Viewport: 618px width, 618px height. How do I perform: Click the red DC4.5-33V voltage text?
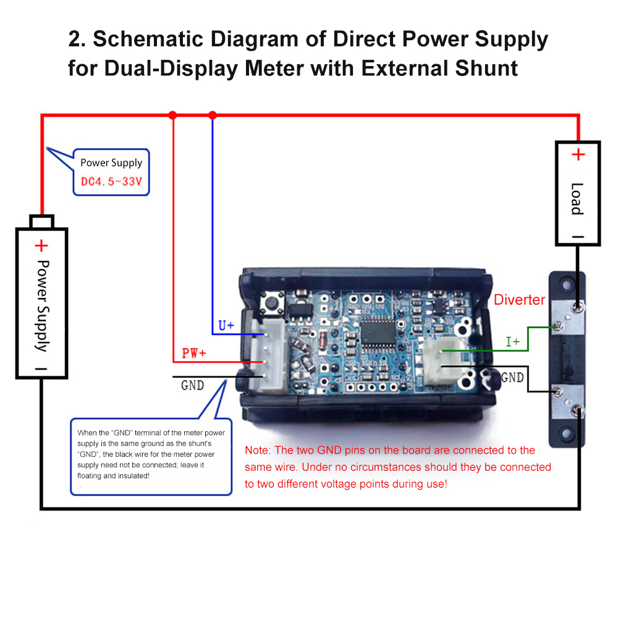click(111, 182)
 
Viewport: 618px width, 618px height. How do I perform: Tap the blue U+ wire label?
click(226, 325)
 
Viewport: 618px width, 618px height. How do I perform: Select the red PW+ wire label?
click(193, 353)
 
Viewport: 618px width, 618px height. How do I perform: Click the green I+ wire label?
click(512, 341)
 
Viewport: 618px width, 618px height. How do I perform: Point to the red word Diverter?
click(519, 300)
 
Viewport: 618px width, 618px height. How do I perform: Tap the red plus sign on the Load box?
click(577, 154)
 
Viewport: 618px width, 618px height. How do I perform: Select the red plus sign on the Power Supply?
click(41, 246)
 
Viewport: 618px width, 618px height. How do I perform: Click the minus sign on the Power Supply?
click(41, 368)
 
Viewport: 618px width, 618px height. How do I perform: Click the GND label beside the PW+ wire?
click(192, 386)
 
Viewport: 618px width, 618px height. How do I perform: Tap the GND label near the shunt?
click(512, 377)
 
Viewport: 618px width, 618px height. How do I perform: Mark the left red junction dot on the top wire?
click(172, 115)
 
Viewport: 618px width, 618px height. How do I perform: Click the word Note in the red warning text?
click(257, 451)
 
